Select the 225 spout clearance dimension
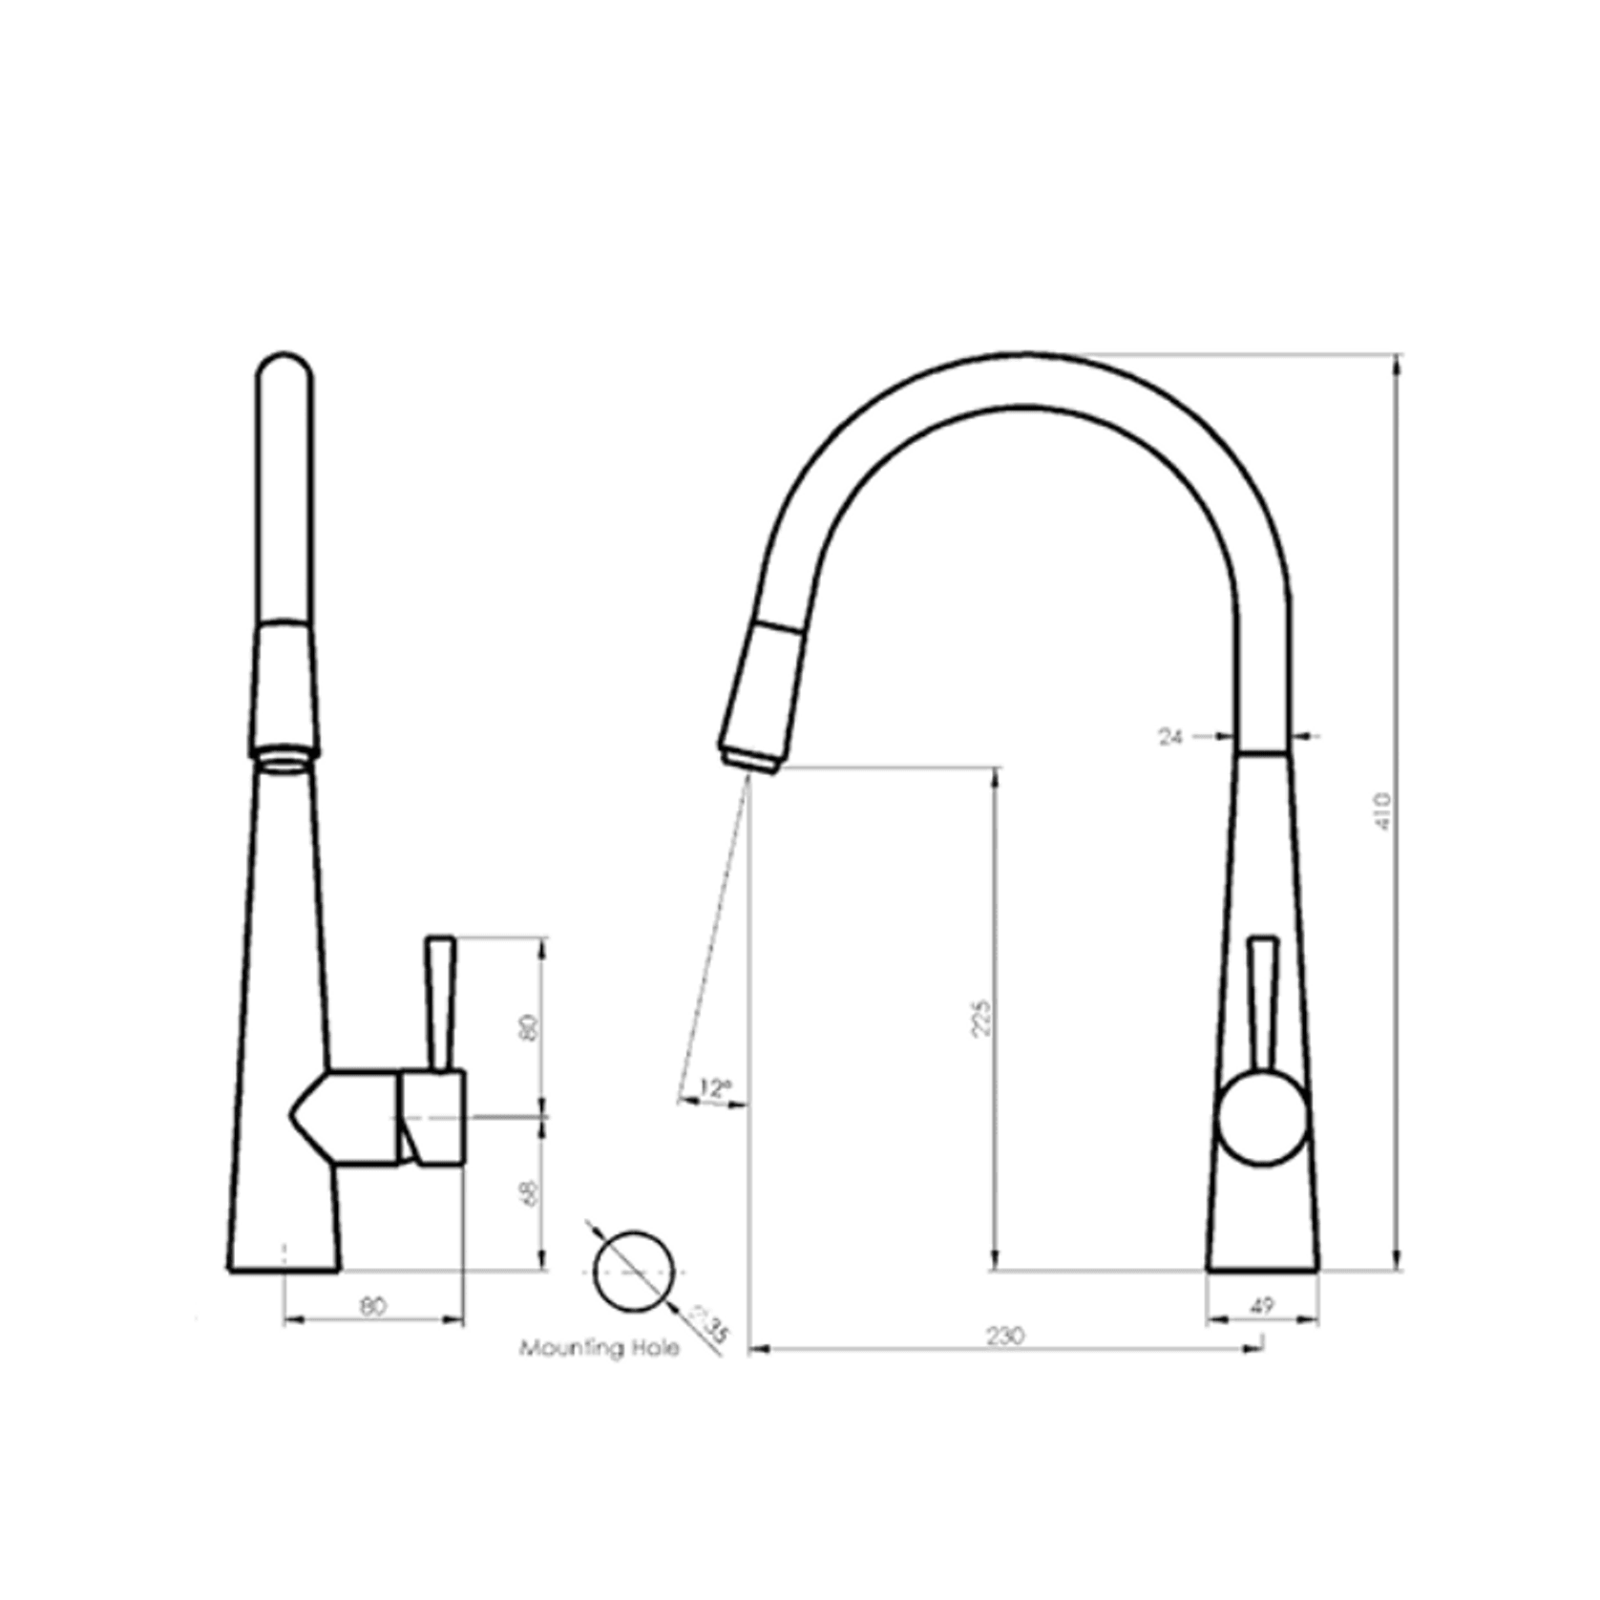983,1017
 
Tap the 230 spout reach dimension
1005,1336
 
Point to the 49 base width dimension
1262,1305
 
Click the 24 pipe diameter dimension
1170,736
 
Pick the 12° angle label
714,1087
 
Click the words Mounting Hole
600,1348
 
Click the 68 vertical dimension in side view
531,1192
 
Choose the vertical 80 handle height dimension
531,1027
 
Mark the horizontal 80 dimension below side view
373,1306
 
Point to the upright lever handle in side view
441,1002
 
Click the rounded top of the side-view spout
284,368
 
